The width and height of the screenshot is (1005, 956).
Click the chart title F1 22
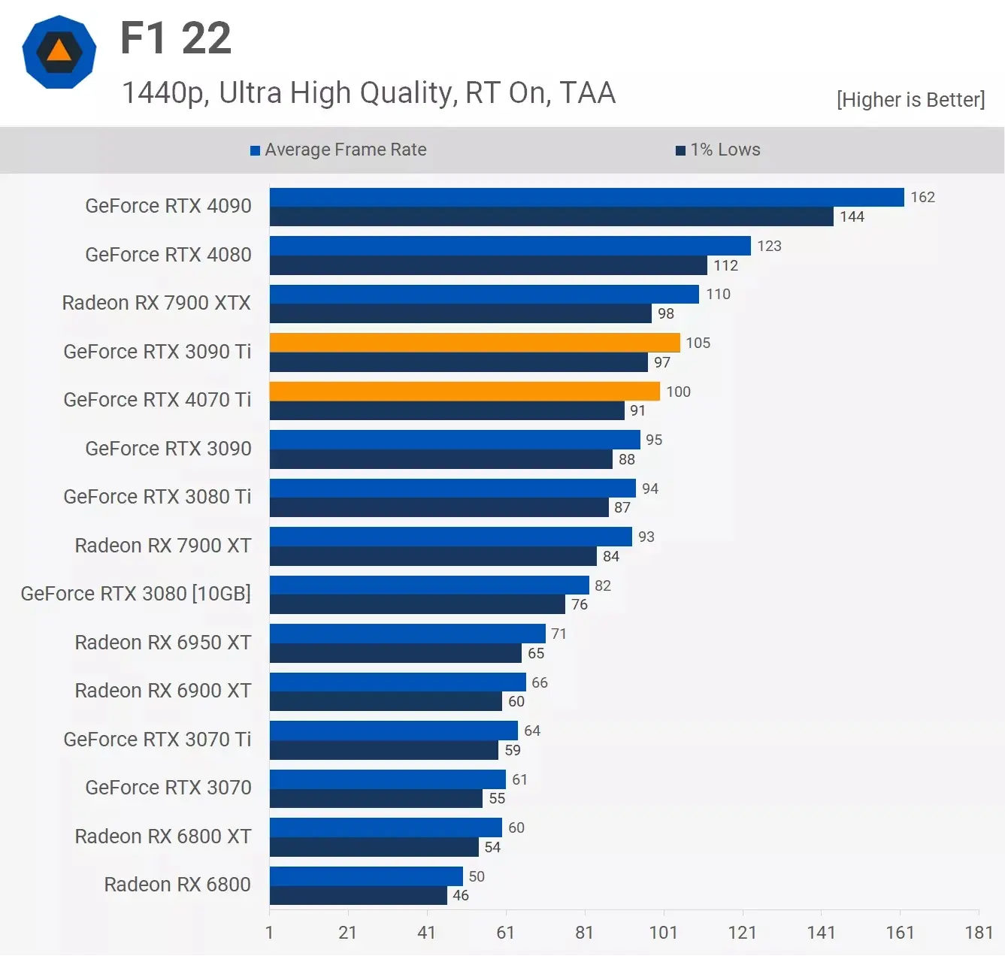coord(176,38)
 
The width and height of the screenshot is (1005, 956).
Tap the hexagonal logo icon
coord(59,52)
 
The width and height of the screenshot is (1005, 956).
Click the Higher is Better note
coord(910,100)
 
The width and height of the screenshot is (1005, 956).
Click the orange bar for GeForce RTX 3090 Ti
coord(474,343)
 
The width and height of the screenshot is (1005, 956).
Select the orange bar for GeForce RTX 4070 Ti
coord(465,391)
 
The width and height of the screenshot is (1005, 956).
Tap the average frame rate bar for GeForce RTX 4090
coord(586,197)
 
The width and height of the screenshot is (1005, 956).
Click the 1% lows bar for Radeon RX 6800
coord(359,895)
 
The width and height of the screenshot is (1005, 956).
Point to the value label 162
coord(922,197)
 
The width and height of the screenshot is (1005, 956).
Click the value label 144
coord(852,216)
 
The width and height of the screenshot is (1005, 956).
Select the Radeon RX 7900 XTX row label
coord(156,303)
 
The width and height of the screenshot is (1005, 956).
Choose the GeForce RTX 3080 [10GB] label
coord(136,594)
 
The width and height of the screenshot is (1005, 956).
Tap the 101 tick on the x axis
coord(663,933)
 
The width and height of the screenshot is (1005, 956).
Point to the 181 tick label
coord(979,933)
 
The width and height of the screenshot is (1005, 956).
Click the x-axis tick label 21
coord(347,933)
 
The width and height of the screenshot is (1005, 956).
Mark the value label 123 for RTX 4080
coord(769,246)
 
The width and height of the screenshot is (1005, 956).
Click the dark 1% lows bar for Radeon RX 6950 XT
coord(395,653)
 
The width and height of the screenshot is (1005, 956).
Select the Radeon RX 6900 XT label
coord(163,691)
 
